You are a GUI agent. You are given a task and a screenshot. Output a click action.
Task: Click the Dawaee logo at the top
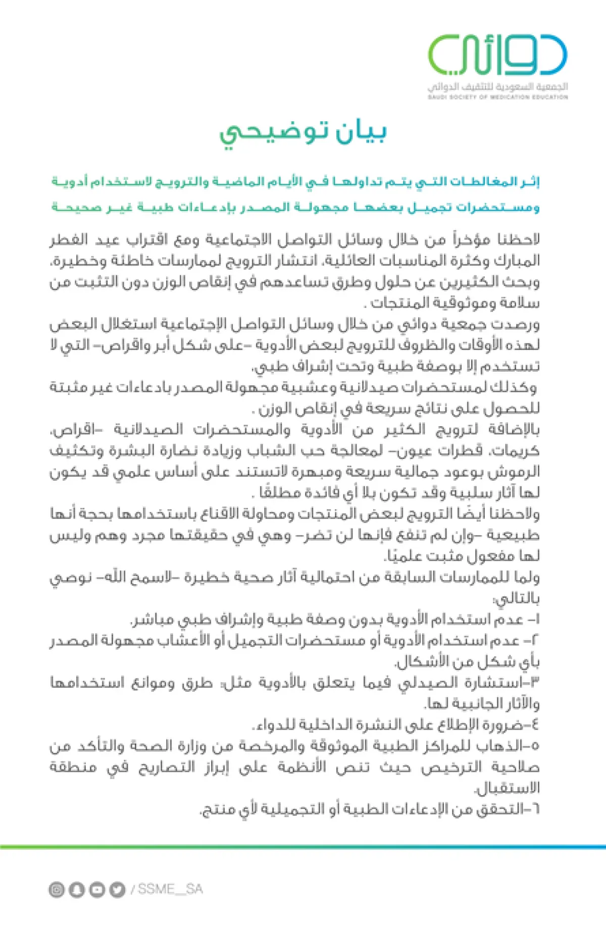(497, 55)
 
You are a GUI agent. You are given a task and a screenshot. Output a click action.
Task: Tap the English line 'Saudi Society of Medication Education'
(497, 97)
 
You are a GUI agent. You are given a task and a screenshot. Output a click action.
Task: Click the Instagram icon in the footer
(57, 889)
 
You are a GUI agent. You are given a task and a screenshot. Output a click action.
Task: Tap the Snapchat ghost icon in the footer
(77, 889)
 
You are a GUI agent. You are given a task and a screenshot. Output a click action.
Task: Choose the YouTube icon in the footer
(97, 889)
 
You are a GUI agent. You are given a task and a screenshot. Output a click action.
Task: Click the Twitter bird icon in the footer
(117, 889)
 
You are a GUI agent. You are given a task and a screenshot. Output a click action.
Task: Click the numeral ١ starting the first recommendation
(536, 620)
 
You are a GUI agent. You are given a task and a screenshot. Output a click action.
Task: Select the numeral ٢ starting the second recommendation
(535, 641)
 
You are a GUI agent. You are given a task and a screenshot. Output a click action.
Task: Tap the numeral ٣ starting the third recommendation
(536, 683)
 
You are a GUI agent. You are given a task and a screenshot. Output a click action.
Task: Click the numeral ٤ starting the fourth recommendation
(535, 725)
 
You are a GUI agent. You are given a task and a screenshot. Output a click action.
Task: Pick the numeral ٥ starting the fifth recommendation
(536, 746)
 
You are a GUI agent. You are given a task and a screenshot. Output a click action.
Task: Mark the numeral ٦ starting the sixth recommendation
(536, 809)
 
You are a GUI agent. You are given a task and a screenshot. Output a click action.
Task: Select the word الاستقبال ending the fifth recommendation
(508, 788)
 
